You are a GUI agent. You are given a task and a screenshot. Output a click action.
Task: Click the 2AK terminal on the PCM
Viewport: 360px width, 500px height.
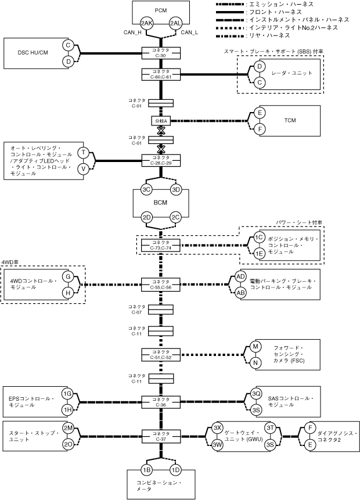click(147, 23)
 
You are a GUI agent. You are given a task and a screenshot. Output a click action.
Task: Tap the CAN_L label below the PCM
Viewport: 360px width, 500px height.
click(190, 33)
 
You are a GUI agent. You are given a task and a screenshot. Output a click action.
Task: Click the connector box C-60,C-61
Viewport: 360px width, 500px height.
click(161, 74)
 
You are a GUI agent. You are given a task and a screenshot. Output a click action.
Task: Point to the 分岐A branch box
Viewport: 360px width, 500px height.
click(161, 121)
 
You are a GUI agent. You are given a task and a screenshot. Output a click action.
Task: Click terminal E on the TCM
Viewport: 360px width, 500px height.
click(260, 113)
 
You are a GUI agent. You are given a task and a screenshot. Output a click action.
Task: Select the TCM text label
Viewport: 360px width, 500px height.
click(290, 121)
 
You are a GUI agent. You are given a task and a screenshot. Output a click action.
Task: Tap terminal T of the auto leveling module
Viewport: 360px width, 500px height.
click(84, 153)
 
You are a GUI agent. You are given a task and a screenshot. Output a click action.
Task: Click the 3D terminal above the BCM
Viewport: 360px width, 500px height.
click(177, 190)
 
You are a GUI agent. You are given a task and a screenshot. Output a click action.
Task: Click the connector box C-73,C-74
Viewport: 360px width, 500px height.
click(161, 245)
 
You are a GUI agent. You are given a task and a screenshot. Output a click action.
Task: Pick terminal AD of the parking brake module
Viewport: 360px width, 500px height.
click(240, 276)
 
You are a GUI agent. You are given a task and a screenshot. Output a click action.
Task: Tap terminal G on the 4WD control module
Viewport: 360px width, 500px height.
click(68, 277)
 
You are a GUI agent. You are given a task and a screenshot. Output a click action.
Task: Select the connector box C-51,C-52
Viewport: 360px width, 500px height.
click(161, 354)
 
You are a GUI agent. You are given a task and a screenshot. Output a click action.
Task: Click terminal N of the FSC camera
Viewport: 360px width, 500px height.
click(255, 363)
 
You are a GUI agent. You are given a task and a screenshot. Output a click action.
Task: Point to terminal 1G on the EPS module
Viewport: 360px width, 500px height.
click(67, 394)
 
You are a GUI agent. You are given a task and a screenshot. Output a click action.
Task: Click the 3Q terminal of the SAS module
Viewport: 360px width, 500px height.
click(256, 394)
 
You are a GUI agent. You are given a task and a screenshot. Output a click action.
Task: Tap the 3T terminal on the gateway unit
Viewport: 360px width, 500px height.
click(270, 427)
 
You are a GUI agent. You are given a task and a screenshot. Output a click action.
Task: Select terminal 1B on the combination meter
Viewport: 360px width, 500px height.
click(147, 469)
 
